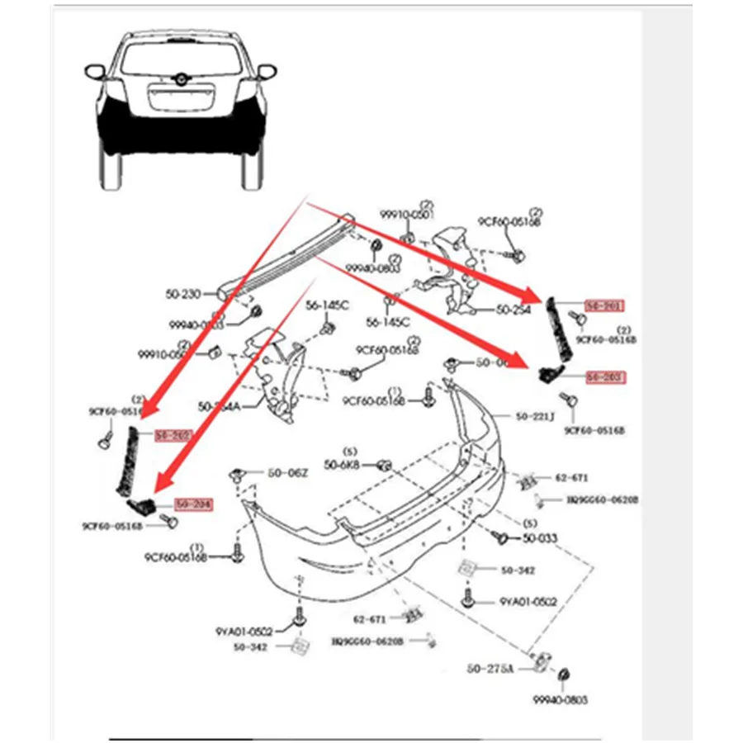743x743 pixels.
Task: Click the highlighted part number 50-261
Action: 605,305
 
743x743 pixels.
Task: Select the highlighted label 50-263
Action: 605,377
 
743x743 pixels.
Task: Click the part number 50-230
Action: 182,294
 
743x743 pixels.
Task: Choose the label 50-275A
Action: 490,668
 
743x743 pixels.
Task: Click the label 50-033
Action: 540,538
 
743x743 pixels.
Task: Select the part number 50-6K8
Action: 342,465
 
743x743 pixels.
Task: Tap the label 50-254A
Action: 219,406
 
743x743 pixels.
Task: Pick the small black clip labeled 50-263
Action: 548,374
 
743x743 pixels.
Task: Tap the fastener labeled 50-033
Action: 499,537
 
